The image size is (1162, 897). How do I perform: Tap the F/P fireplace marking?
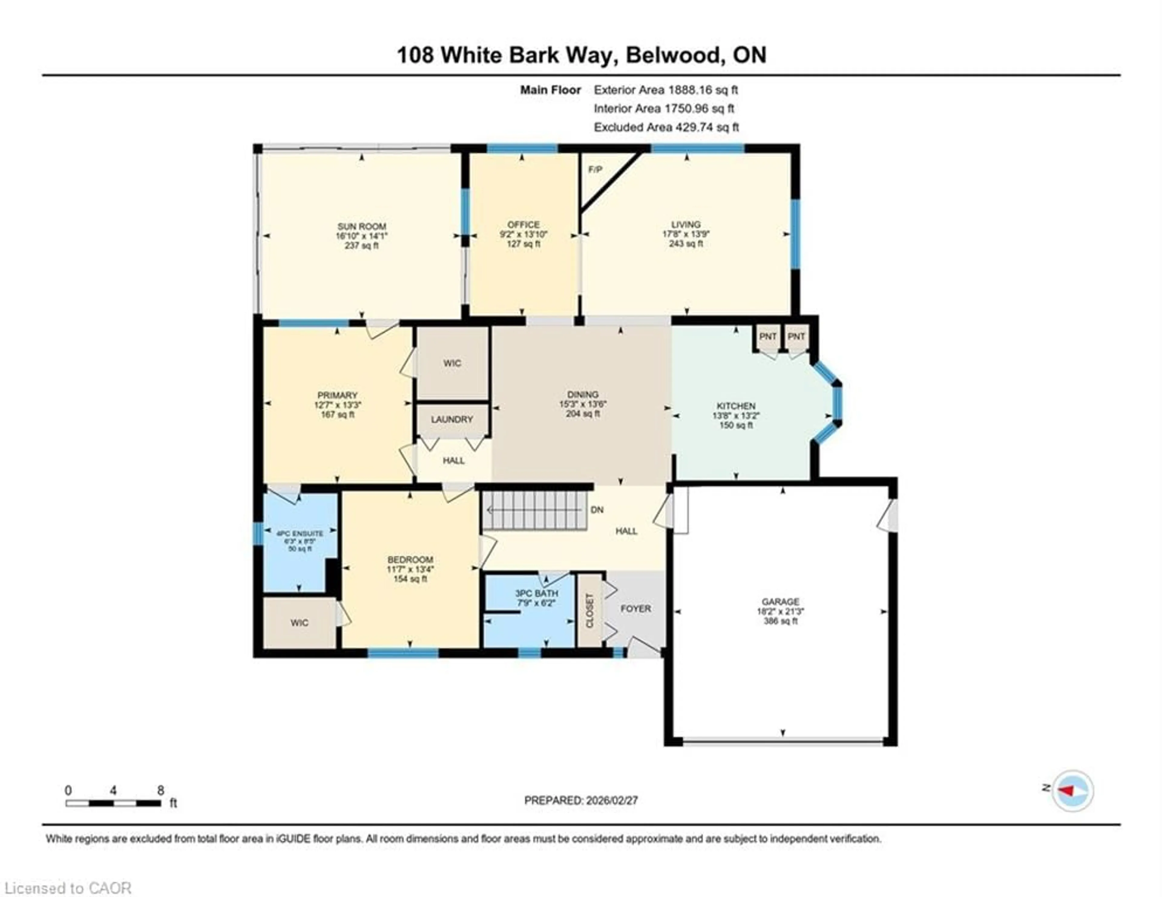coord(595,170)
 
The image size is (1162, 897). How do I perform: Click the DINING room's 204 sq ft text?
coord(583,414)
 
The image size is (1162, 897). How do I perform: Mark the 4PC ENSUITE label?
coord(300,533)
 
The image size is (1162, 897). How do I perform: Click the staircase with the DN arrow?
coord(535,510)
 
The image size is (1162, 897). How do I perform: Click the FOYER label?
coord(635,608)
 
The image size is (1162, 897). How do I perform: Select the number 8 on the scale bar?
coord(161,790)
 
